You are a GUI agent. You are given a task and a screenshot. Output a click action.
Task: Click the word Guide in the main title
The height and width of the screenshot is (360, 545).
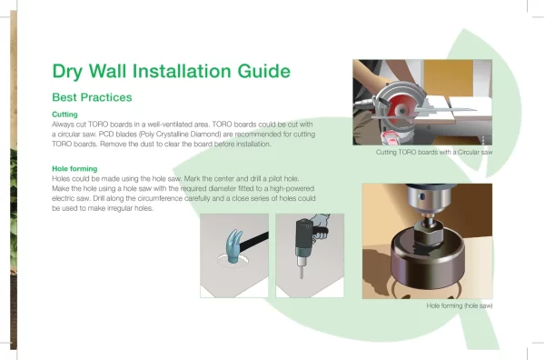263,71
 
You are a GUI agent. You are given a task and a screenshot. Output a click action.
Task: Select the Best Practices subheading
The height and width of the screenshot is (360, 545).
92,97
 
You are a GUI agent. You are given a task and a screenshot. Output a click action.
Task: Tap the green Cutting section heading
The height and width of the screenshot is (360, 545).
64,115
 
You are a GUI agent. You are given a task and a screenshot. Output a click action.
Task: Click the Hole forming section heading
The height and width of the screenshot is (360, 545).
74,169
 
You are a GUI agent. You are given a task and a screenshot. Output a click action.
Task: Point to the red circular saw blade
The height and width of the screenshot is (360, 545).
400,111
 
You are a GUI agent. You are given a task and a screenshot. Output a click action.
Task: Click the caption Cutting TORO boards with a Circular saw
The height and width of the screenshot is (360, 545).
434,152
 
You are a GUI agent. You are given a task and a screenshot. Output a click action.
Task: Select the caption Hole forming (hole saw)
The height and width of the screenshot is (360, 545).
460,305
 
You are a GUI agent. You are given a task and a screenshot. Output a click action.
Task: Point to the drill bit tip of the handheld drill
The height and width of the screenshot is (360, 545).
302,276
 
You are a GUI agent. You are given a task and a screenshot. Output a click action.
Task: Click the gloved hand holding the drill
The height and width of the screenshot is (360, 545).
320,226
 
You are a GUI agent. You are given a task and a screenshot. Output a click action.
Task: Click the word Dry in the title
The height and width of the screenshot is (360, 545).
67,72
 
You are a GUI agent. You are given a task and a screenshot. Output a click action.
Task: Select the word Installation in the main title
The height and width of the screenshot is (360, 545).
182,71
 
